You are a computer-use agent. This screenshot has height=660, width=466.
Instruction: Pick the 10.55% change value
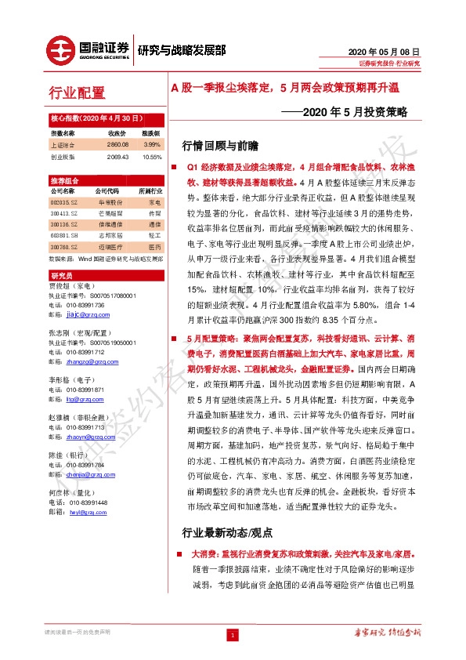(151, 156)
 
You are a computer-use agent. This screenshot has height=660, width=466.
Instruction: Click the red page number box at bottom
(233, 634)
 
